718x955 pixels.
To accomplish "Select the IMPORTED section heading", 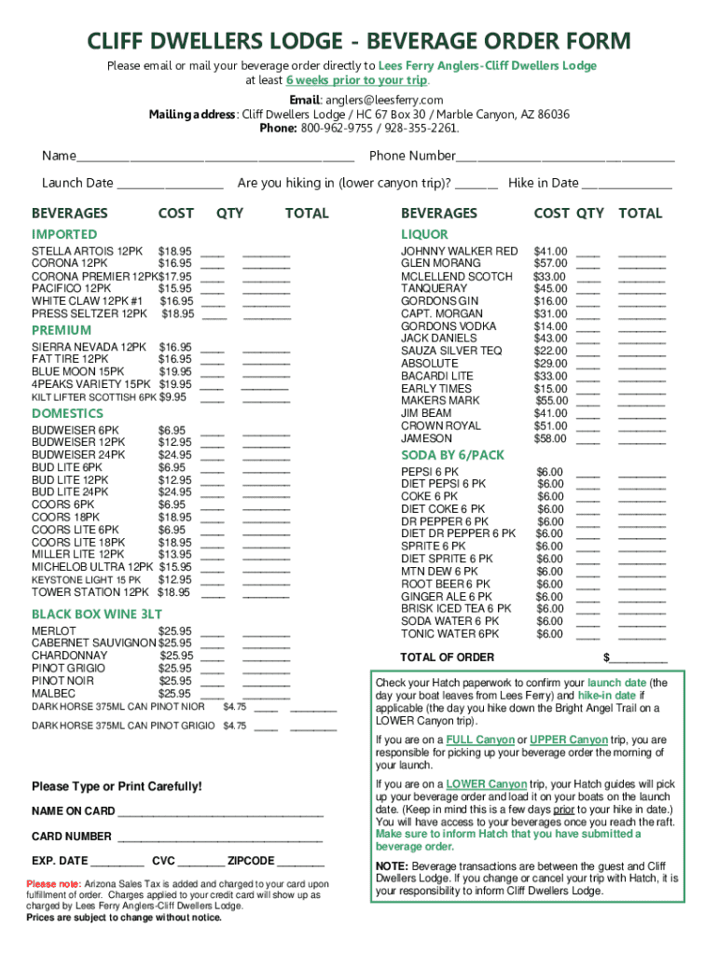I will click(x=64, y=234).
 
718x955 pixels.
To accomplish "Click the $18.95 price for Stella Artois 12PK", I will click(x=175, y=252).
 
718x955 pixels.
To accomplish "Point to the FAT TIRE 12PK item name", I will click(x=70, y=359).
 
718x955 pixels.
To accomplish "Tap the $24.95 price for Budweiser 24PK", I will click(x=175, y=455).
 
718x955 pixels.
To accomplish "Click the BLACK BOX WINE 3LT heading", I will click(x=97, y=614).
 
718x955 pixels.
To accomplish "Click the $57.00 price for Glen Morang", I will click(x=550, y=264).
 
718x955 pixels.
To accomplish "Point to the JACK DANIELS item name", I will click(x=438, y=339).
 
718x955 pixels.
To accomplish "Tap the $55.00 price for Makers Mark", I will click(x=550, y=400).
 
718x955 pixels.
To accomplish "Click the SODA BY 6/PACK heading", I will click(x=452, y=454).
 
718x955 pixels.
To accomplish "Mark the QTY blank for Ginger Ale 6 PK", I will click(x=587, y=598).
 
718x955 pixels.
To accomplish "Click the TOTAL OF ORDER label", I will click(x=447, y=657).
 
